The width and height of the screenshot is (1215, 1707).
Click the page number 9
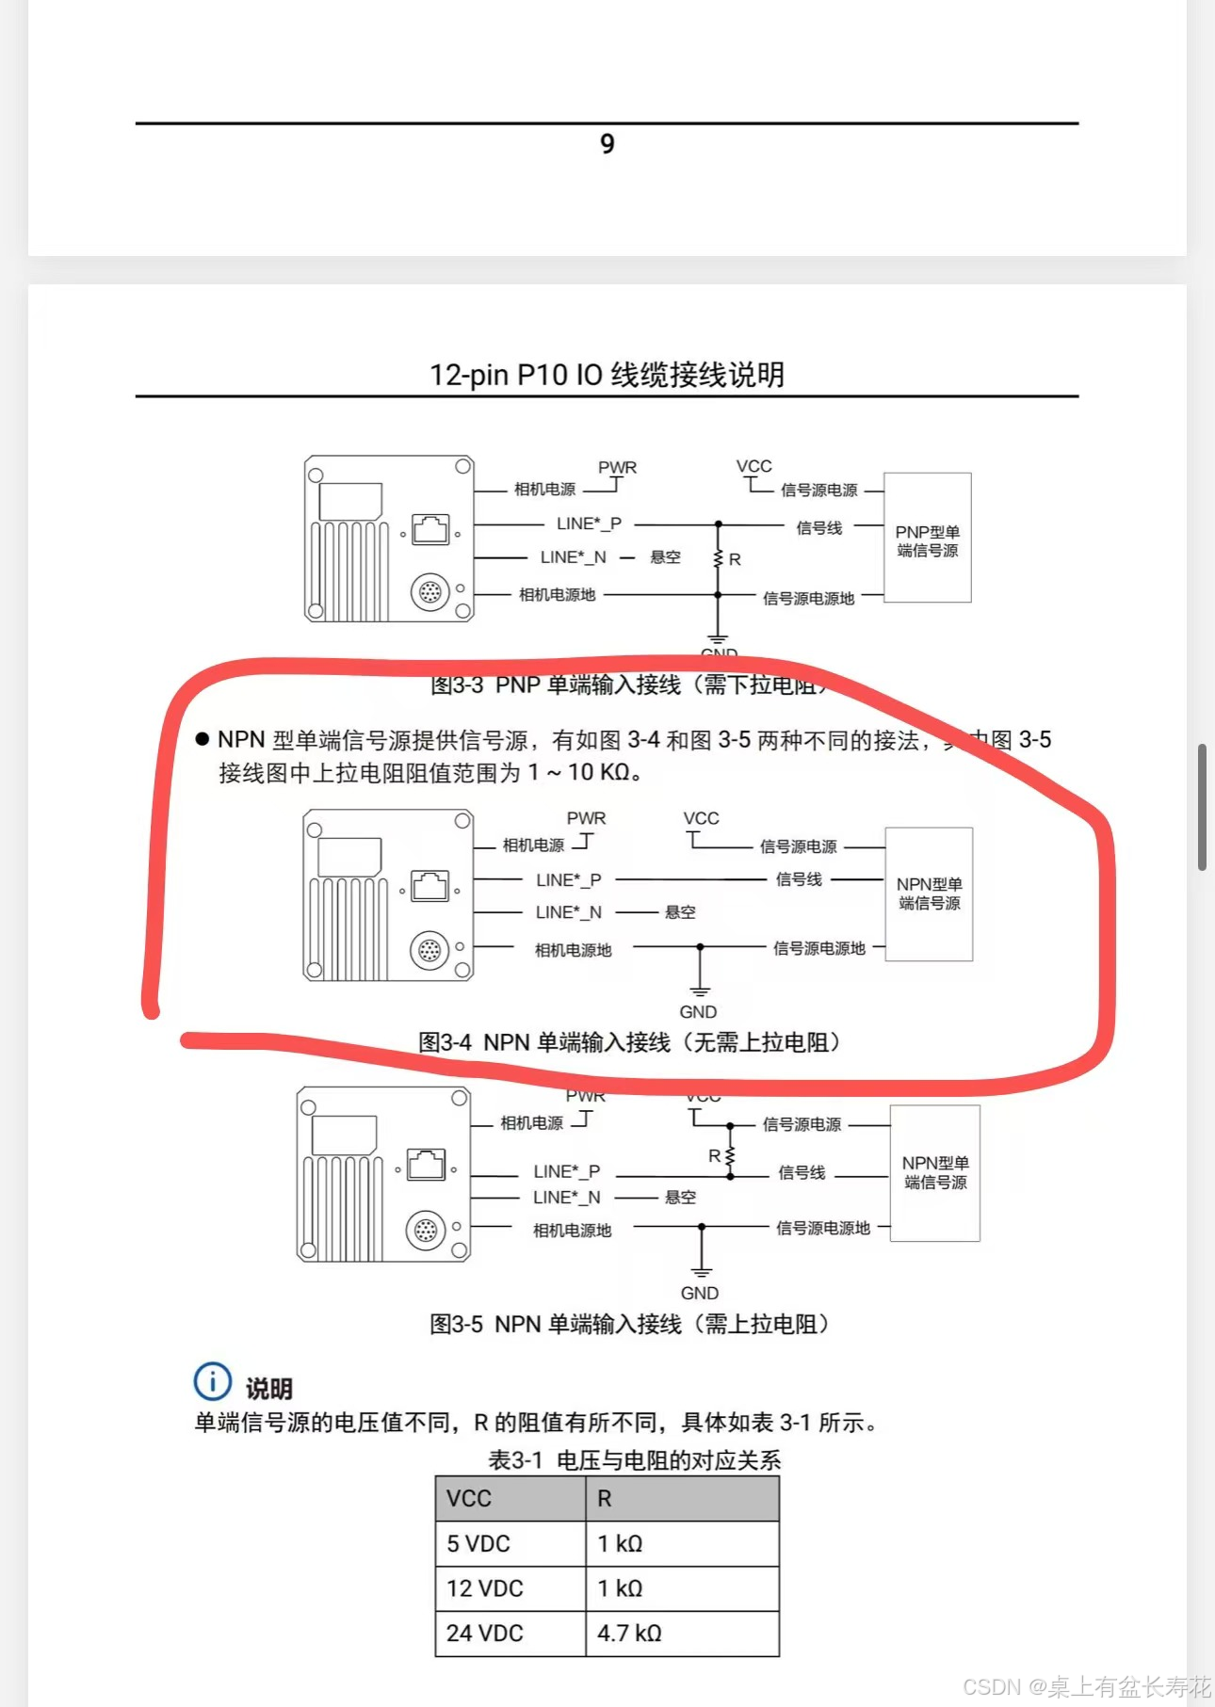pos(607,144)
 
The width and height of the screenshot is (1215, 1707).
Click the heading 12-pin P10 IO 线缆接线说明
pos(607,375)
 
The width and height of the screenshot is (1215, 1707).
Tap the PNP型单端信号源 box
pos(928,539)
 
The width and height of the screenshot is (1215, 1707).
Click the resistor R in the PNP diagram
pos(720,559)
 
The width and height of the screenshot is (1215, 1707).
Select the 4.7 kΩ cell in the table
pos(682,1634)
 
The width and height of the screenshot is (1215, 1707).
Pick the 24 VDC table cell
pos(510,1634)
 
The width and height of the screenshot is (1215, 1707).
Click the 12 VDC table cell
pos(510,1588)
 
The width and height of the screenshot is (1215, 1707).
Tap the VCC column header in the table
pos(510,1499)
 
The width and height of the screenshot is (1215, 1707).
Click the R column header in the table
pos(682,1499)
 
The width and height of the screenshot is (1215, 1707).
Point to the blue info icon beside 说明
pos(212,1382)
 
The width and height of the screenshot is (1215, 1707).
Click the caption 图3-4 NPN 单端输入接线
pos(629,1042)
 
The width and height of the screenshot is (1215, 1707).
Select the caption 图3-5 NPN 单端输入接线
pos(629,1324)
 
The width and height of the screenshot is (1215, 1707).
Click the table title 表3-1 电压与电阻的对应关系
pos(634,1460)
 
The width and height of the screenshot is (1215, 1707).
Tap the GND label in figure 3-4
pos(698,1012)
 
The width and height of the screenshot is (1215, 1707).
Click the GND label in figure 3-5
pos(700,1294)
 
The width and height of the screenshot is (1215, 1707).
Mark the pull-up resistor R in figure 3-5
pos(729,1156)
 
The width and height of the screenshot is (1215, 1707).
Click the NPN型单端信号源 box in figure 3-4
pos(929,894)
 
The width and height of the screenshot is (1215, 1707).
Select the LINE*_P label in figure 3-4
pos(568,880)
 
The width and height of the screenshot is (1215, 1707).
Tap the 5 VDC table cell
pos(510,1544)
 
